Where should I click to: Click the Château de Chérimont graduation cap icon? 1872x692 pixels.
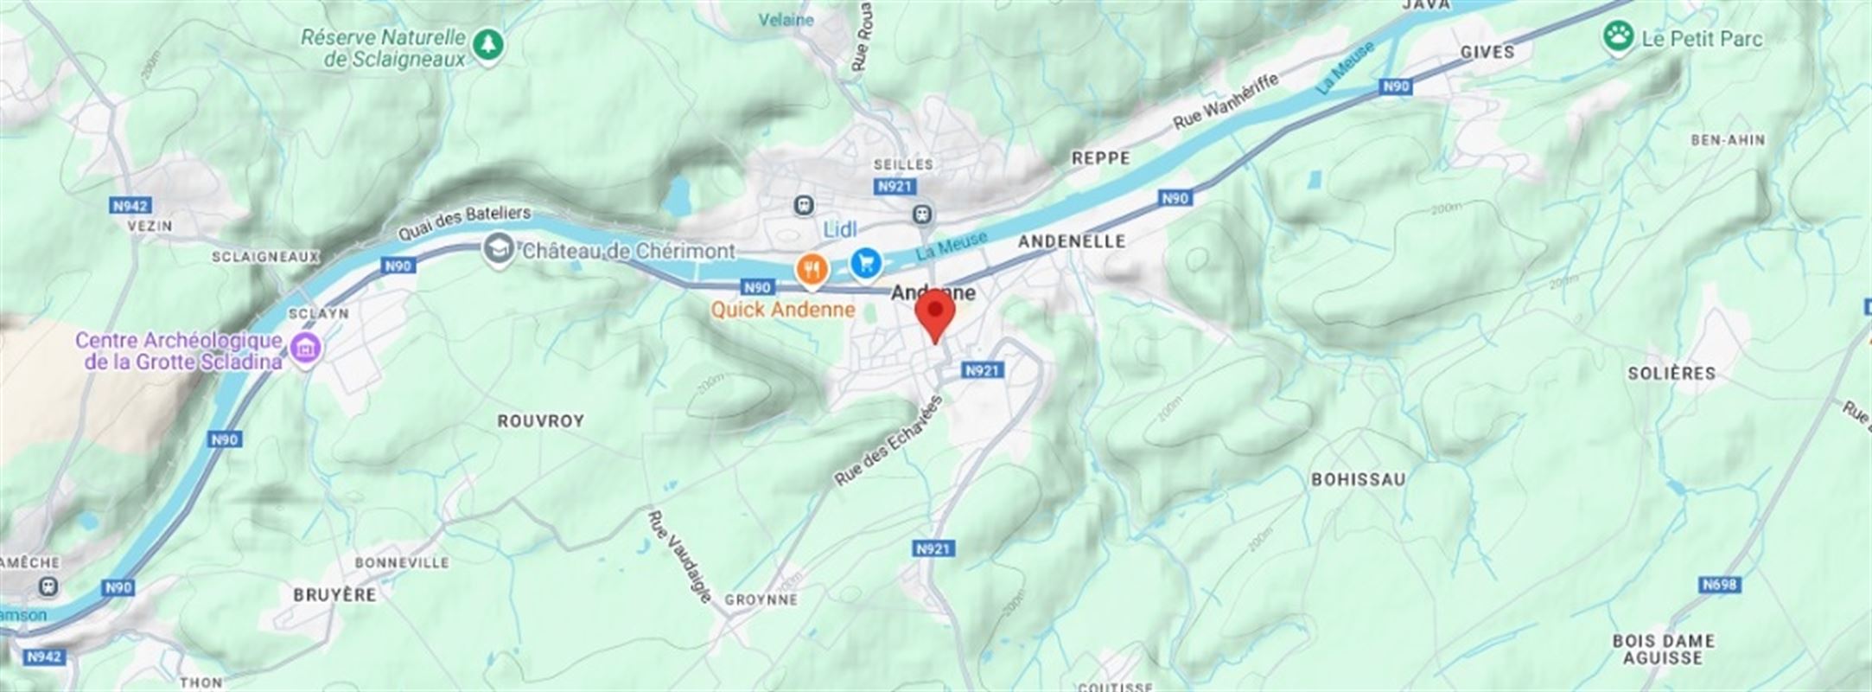point(497,251)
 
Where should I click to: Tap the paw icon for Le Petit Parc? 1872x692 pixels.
point(1618,37)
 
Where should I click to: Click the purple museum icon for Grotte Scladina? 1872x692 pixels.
point(305,350)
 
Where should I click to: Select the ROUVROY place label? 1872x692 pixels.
point(541,421)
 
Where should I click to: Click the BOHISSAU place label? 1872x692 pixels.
point(1358,479)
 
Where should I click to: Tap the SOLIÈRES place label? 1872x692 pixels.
point(1671,374)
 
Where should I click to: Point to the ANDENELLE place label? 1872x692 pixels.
point(1072,241)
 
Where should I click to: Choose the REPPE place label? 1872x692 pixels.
point(1100,158)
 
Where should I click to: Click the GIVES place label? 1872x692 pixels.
point(1487,52)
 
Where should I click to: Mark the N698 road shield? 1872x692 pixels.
point(1718,585)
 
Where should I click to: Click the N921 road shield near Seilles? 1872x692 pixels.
point(895,187)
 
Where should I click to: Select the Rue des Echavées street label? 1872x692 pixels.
point(888,440)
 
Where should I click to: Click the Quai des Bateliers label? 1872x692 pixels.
point(464,222)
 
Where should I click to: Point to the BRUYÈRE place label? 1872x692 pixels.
point(334,595)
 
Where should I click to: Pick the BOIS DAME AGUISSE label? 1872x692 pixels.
point(1663,649)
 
